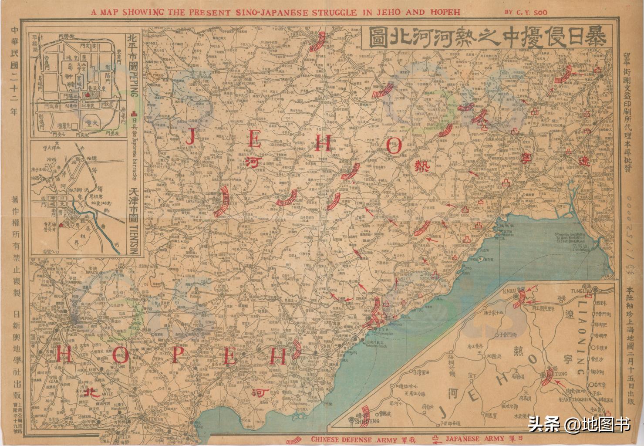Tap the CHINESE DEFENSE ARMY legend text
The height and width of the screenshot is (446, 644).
pyautogui.click(x=342, y=439)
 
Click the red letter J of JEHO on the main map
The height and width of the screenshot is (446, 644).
pyautogui.click(x=190, y=139)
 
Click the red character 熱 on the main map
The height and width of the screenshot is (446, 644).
pyautogui.click(x=421, y=166)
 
